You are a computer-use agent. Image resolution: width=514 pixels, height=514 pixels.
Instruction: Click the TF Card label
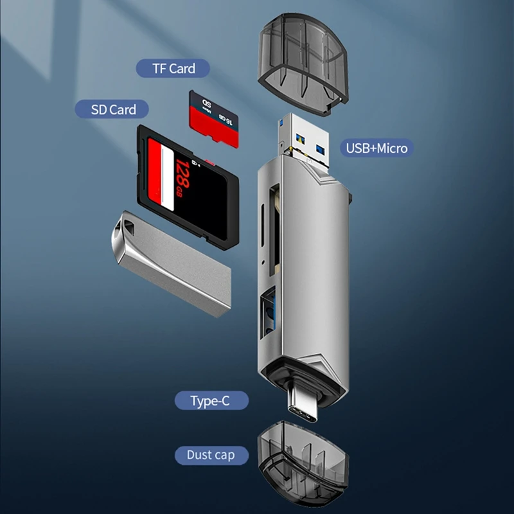coord(173,68)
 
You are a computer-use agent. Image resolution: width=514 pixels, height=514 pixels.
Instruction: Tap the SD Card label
coord(114,109)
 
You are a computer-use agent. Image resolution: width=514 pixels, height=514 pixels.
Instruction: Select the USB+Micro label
coord(377,148)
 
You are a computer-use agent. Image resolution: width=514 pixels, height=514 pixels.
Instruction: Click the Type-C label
coord(210,401)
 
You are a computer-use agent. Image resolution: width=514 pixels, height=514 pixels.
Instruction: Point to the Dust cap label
coord(210,455)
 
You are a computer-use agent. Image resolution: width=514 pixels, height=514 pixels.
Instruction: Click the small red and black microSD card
coord(214,119)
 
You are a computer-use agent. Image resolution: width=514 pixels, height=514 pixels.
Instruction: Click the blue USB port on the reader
coord(268,314)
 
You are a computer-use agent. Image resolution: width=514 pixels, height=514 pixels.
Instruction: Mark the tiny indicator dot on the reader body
coord(263,261)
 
